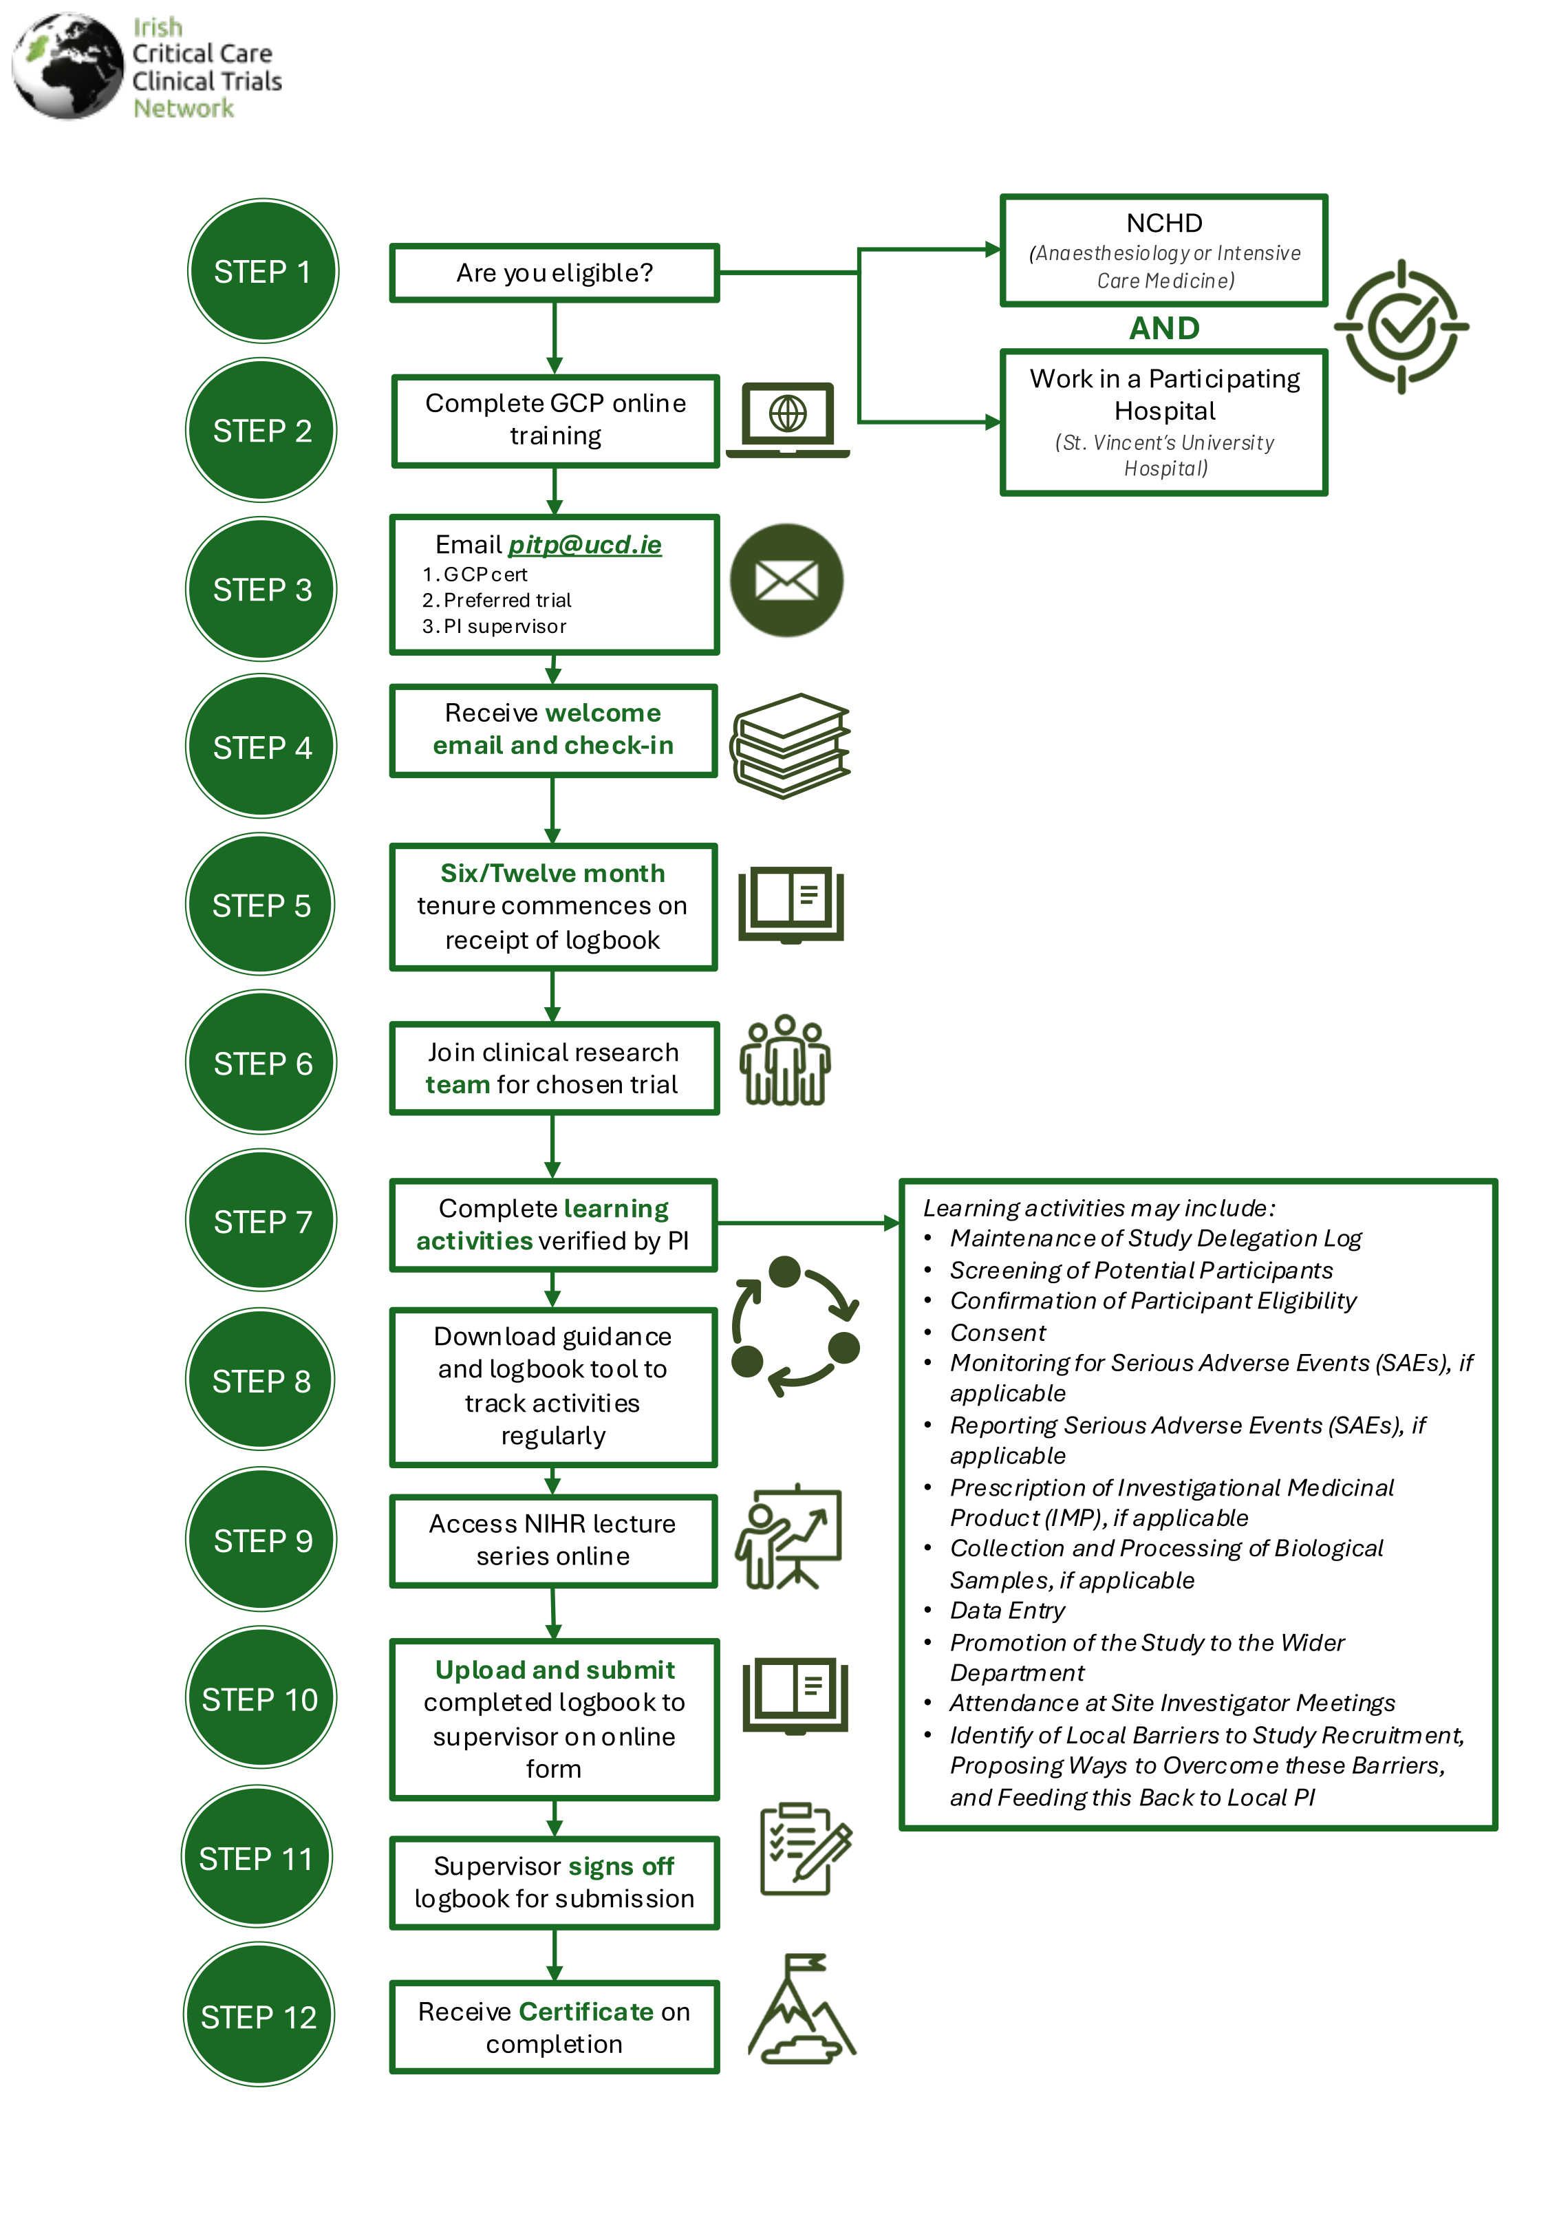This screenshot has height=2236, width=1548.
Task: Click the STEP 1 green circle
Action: click(x=262, y=272)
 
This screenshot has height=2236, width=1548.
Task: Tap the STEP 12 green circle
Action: click(x=258, y=2016)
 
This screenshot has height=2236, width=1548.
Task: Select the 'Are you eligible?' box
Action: click(x=554, y=272)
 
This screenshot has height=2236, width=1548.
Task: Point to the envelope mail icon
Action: click(x=786, y=581)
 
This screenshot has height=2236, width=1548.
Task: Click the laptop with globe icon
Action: click(x=788, y=419)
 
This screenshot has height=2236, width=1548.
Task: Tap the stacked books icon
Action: click(x=791, y=744)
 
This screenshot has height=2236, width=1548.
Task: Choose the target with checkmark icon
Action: click(x=1401, y=327)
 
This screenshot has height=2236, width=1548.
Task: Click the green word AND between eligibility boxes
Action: click(x=1164, y=329)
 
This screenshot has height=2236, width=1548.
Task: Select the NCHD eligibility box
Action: click(x=1164, y=251)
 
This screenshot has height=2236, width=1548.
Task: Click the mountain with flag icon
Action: click(x=800, y=2009)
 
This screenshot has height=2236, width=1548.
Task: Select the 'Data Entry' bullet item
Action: click(x=1007, y=1611)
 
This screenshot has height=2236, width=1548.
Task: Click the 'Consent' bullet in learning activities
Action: click(x=997, y=1332)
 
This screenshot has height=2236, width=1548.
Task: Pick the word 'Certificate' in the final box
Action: click(x=586, y=2011)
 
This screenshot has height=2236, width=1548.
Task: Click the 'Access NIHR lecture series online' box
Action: click(x=553, y=1540)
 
